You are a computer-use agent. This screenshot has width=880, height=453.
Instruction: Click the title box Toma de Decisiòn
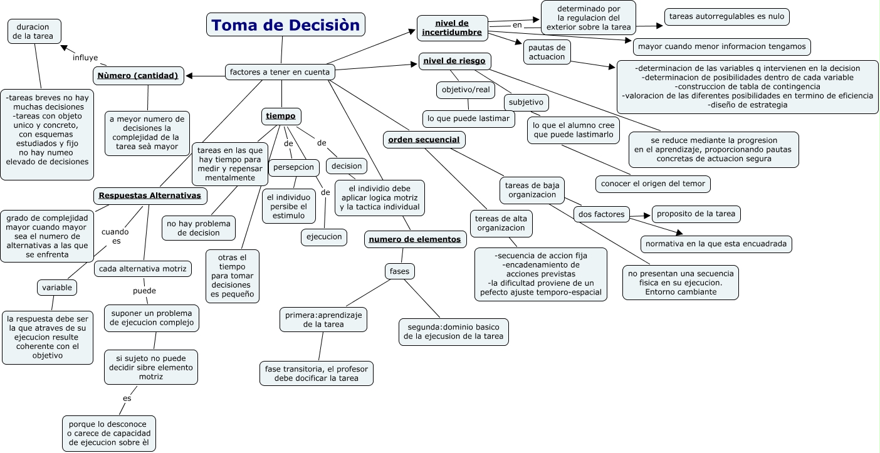285,25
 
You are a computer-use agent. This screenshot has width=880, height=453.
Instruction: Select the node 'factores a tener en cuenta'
280,72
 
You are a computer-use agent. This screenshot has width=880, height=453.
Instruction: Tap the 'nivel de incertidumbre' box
452,28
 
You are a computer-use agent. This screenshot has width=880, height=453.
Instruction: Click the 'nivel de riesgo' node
454,61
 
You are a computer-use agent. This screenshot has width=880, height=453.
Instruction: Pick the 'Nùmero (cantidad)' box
138,76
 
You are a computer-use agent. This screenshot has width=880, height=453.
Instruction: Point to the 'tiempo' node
281,116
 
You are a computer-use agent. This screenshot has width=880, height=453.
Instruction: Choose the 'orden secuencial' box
424,140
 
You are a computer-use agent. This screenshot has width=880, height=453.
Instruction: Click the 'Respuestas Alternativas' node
150,196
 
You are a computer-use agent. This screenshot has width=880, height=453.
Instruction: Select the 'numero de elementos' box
414,239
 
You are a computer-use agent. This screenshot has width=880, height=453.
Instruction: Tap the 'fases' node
399,272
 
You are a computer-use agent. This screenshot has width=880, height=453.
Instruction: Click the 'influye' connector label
85,58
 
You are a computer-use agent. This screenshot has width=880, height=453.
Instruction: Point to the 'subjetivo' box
526,102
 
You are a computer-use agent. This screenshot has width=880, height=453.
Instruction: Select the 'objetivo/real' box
465,90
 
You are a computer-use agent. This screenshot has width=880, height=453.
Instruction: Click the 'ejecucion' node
323,237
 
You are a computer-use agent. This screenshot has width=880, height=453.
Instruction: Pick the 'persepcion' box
294,167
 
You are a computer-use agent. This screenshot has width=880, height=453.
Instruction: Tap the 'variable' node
57,288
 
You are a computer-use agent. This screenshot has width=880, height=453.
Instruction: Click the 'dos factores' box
601,214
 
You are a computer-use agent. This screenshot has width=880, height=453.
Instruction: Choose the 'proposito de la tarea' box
696,214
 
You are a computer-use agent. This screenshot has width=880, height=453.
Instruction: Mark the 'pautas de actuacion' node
547,52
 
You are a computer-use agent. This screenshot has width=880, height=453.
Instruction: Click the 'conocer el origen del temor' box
652,184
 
